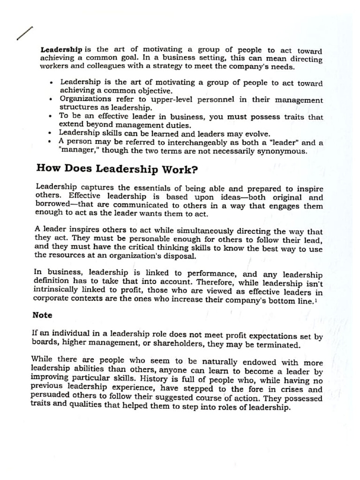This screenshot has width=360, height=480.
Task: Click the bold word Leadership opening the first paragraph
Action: (x=62, y=49)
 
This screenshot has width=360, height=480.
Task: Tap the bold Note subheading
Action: (x=42, y=315)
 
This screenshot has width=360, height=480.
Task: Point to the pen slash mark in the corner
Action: (x=25, y=33)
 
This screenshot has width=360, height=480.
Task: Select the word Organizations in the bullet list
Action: (x=85, y=99)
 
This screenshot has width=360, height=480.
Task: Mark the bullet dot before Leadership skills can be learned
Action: (x=50, y=133)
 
